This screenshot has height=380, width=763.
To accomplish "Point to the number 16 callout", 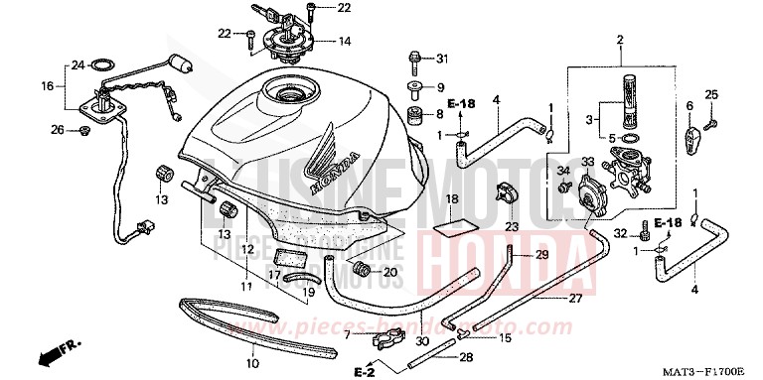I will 46,86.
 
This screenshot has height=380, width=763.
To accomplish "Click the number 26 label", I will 58,130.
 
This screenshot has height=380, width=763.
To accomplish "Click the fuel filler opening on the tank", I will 294,97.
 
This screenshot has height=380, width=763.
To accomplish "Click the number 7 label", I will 347,336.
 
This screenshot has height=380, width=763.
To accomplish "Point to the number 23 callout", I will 514,226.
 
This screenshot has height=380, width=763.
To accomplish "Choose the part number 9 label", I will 442,86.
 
